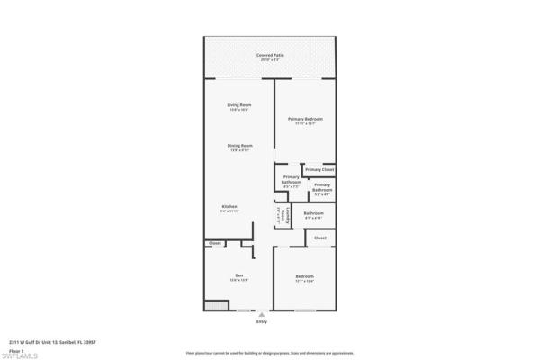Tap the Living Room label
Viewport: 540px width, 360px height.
pyautogui.click(x=238, y=105)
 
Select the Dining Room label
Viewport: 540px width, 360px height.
pyautogui.click(x=239, y=145)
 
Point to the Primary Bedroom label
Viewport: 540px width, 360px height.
pyautogui.click(x=305, y=119)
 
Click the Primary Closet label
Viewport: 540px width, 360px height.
pyautogui.click(x=319, y=169)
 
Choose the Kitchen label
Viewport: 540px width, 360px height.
pyautogui.click(x=229, y=206)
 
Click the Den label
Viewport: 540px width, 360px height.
pyautogui.click(x=239, y=274)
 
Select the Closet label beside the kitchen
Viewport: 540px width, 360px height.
pyautogui.click(x=215, y=243)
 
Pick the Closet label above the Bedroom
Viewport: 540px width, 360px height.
pyautogui.click(x=319, y=238)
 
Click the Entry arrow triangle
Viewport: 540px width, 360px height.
pyautogui.click(x=262, y=314)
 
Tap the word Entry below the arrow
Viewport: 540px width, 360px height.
pyautogui.click(x=262, y=321)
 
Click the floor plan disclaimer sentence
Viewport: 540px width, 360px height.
pyautogui.click(x=270, y=342)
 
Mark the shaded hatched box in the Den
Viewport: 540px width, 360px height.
pyautogui.click(x=215, y=306)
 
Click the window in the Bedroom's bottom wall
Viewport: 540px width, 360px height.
pyautogui.click(x=304, y=311)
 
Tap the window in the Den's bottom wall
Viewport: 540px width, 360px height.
pyautogui.click(x=243, y=311)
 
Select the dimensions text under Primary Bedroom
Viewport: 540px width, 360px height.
pyautogui.click(x=305, y=124)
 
